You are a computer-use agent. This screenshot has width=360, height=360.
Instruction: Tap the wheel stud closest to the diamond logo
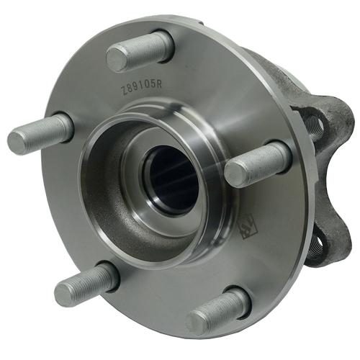[x=257, y=165]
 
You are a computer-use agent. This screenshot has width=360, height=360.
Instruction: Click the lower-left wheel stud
[x=86, y=284]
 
